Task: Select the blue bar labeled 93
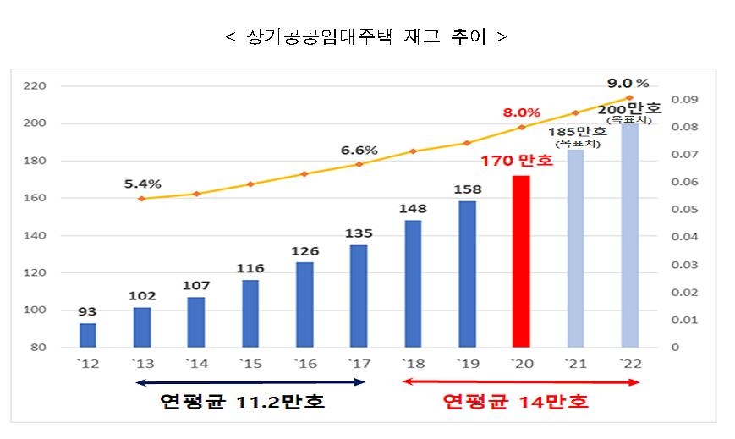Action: pos(88,335)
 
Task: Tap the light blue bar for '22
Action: pos(630,237)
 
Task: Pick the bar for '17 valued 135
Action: pos(359,296)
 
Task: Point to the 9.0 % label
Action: pos(628,83)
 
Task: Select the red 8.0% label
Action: pos(521,112)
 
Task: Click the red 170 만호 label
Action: pos(517,160)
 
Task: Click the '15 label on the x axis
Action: pos(250,364)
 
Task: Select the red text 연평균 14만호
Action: pos(516,402)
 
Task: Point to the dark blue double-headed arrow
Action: pos(250,382)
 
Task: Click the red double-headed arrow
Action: pos(519,382)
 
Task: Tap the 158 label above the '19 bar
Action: pos(467,189)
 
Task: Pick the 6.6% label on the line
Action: pos(359,151)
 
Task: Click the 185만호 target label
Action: pos(578,132)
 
